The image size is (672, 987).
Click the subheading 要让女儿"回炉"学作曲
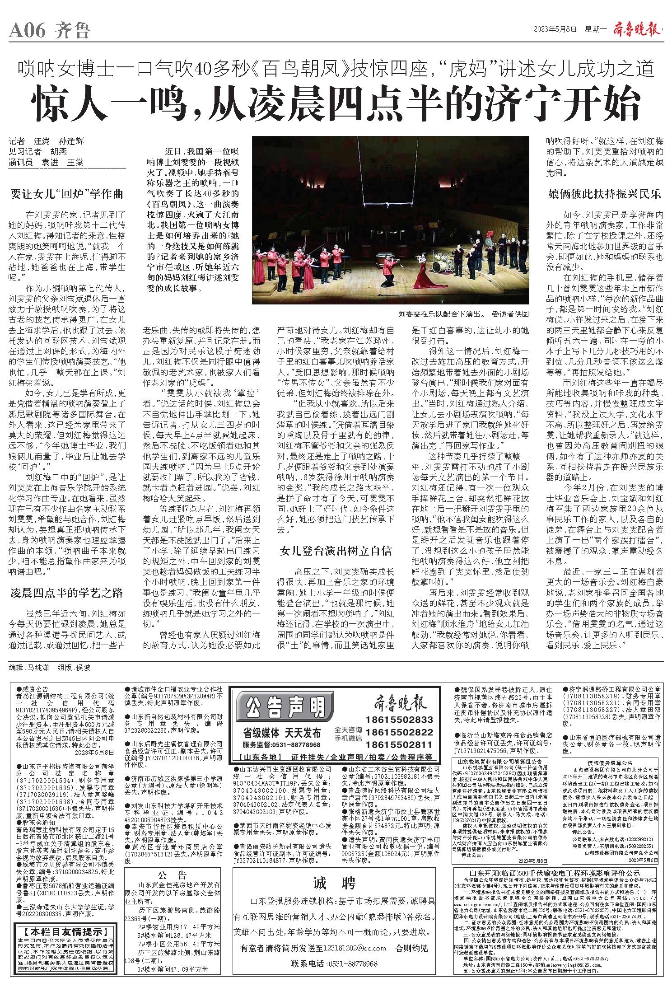pos(66,195)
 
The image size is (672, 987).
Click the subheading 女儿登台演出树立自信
pos(336,551)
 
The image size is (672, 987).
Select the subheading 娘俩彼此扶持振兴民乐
pos(604,195)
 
